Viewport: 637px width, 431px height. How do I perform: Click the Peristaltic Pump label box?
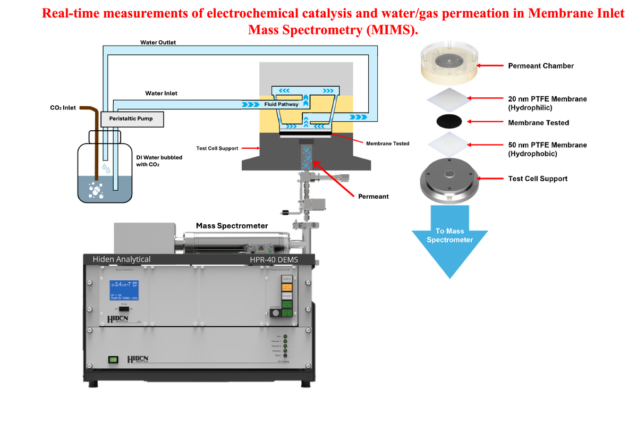click(x=131, y=119)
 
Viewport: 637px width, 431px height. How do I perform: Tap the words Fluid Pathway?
click(x=281, y=105)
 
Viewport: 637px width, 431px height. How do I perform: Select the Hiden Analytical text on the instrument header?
click(x=122, y=259)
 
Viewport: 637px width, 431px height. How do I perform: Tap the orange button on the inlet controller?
click(x=286, y=288)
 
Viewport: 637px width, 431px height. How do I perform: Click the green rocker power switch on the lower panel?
click(x=113, y=359)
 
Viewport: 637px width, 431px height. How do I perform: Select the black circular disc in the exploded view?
click(x=449, y=121)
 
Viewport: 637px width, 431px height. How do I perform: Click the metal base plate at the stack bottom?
click(x=449, y=180)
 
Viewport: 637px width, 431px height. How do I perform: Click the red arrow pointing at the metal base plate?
click(x=491, y=178)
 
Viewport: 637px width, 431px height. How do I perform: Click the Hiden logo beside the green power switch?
click(x=138, y=360)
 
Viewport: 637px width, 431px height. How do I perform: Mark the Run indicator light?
click(x=285, y=336)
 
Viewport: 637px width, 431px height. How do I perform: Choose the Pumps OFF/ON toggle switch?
click(x=124, y=308)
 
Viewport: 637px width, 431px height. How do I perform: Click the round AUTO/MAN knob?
click(x=275, y=313)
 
